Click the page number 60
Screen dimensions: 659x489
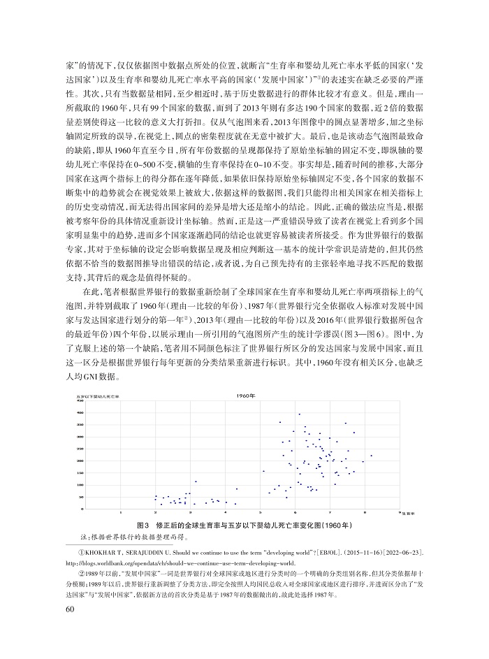point(68,610)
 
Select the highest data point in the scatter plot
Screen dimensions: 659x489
point(299,414)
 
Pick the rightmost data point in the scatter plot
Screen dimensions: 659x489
point(371,456)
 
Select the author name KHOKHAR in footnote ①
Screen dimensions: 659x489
point(100,551)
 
